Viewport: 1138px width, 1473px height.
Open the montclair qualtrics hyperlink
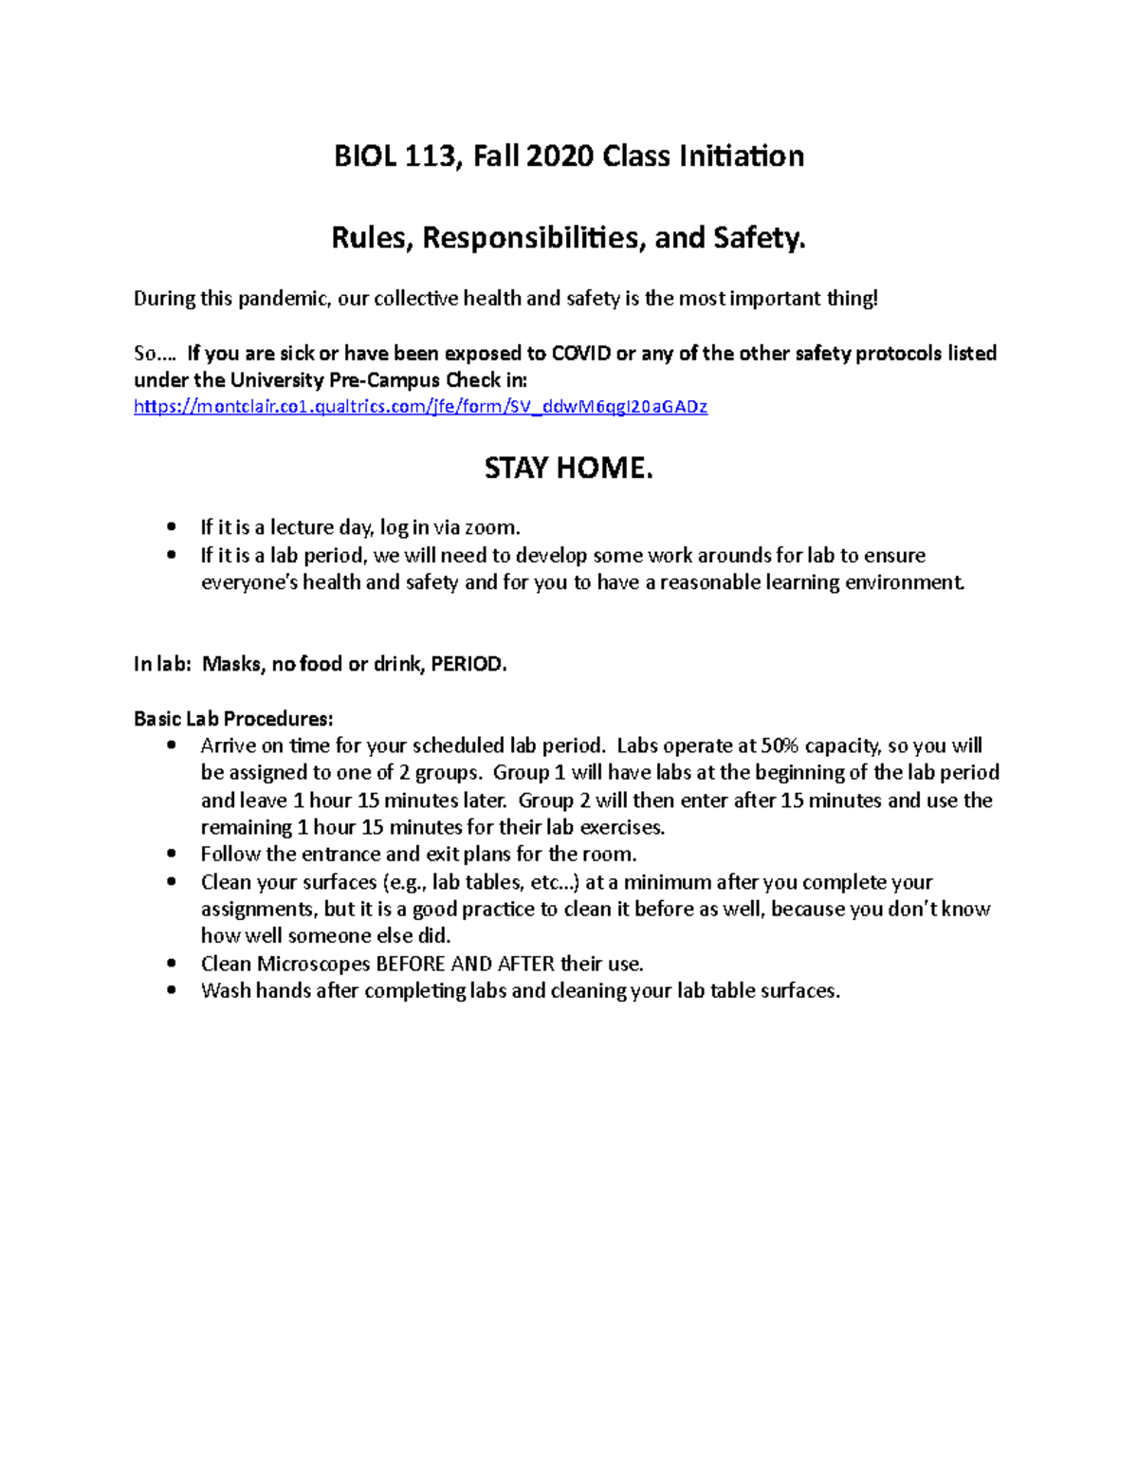(420, 407)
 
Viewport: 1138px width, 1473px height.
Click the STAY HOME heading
(568, 469)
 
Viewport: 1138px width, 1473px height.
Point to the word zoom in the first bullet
(490, 527)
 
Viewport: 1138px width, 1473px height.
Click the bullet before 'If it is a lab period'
(171, 556)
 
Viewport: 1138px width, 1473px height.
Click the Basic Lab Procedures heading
(233, 719)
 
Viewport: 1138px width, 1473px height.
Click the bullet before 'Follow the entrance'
(171, 855)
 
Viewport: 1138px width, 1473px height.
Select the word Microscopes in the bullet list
(313, 964)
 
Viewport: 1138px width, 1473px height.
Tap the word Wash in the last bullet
(225, 991)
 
